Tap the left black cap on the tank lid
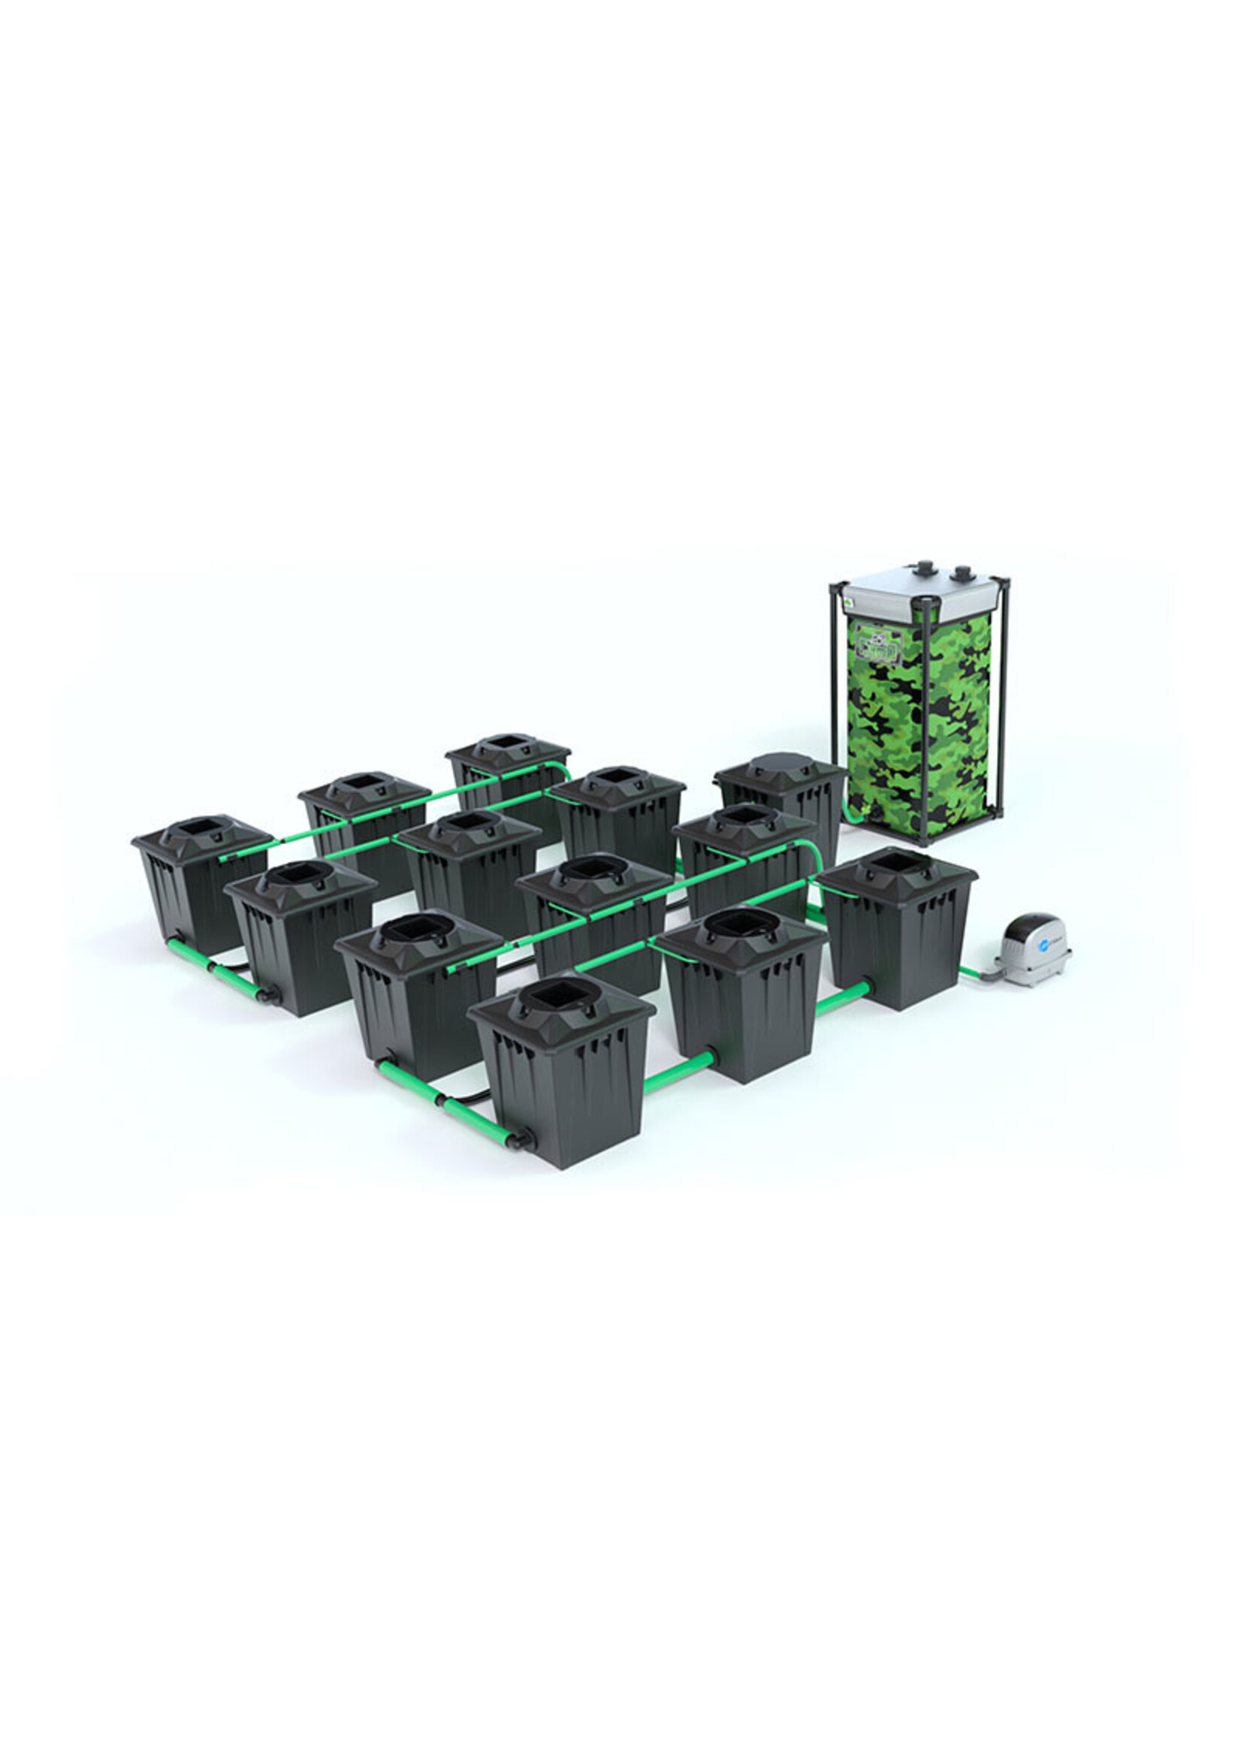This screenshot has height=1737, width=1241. click(926, 568)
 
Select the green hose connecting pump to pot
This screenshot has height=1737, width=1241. click(971, 972)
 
